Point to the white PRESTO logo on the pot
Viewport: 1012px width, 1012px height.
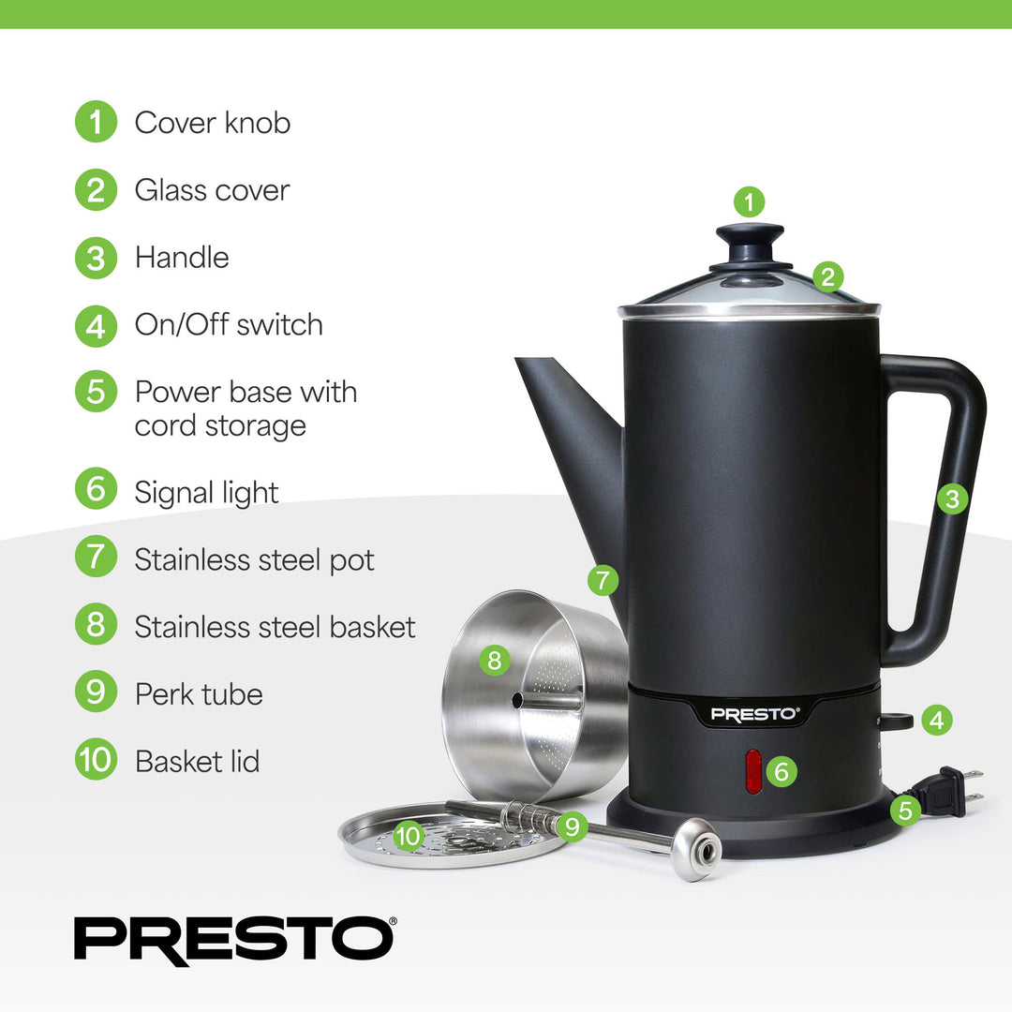[x=755, y=714]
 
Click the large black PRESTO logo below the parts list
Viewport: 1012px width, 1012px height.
[x=234, y=940]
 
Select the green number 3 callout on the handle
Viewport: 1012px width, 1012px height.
[x=952, y=499]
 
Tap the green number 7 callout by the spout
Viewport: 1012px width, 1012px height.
[x=603, y=580]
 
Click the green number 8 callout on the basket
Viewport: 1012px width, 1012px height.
[x=494, y=662]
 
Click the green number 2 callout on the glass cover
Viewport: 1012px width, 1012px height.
[x=826, y=276]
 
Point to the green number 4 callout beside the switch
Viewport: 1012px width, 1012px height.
[x=936, y=720]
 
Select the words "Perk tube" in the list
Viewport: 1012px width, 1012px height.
[x=199, y=694]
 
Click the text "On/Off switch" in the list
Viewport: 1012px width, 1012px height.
[x=229, y=325]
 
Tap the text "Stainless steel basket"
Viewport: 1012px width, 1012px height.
[x=275, y=627]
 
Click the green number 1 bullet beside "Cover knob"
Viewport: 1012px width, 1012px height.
[x=96, y=123]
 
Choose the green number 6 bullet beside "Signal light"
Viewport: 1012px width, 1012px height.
[x=96, y=493]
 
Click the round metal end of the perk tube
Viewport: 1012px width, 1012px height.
[x=697, y=849]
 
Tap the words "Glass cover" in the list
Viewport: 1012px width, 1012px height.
[x=212, y=190]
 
